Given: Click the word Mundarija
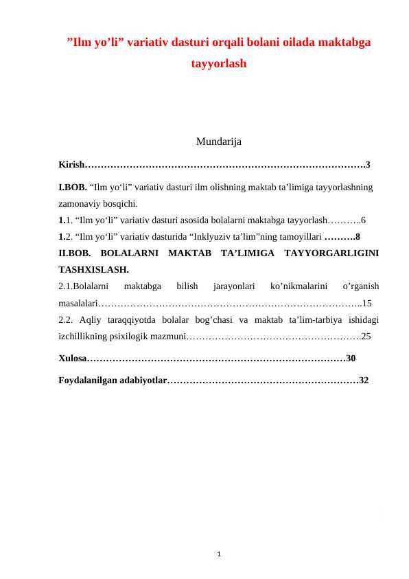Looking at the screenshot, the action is pos(218,142).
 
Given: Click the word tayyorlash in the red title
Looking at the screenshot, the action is pos(218,64).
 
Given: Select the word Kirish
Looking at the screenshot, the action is pos(71,165).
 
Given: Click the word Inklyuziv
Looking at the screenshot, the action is pos(229,237).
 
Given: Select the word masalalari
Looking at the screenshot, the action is pos(79,303).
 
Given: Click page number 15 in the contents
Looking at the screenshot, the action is pos(366,303).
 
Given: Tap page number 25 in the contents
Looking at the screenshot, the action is pos(366,337).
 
